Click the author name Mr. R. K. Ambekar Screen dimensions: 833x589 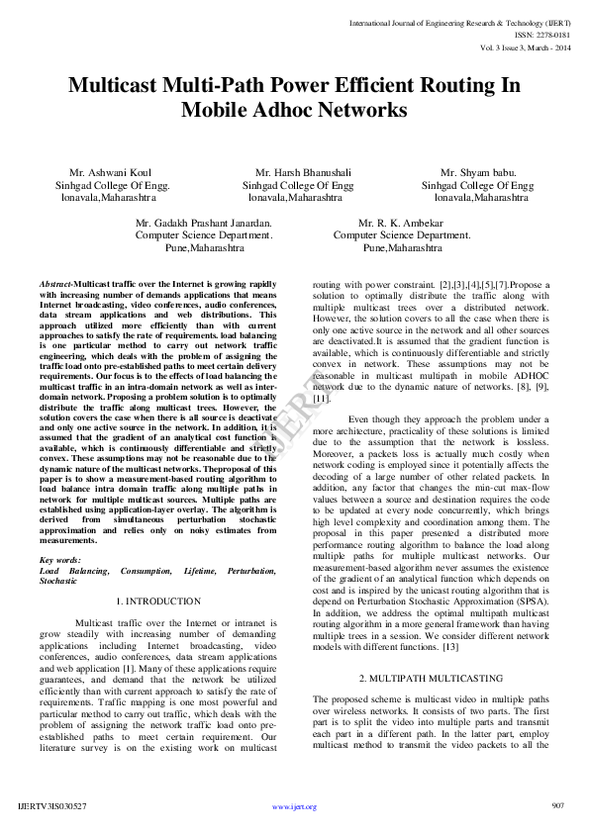[x=401, y=224]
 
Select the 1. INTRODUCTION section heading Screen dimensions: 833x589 [x=157, y=601]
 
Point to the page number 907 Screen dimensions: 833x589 [x=556, y=805]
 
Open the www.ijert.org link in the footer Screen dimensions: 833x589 [x=294, y=806]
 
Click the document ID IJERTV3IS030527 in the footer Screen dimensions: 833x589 [x=52, y=806]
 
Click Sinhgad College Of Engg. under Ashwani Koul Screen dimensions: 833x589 [x=112, y=184]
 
